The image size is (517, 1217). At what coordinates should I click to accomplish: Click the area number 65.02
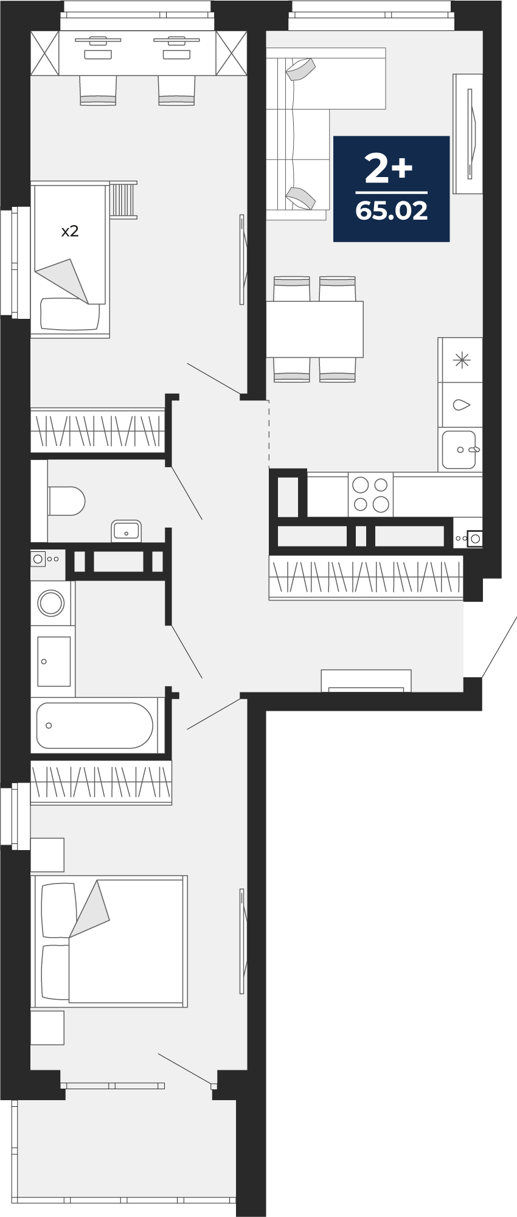pyautogui.click(x=391, y=211)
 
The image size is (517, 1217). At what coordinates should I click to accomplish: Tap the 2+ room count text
pyautogui.click(x=389, y=169)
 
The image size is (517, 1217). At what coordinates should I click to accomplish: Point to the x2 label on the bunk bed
pyautogui.click(x=70, y=231)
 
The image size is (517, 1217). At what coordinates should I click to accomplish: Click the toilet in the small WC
pyautogui.click(x=66, y=501)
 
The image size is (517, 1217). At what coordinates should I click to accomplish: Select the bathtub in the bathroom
pyautogui.click(x=94, y=725)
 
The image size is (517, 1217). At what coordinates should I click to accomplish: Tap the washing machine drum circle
pyautogui.click(x=50, y=603)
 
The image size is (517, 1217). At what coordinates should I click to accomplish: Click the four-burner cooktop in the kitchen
pyautogui.click(x=370, y=494)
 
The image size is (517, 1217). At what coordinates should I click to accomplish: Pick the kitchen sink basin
pyautogui.click(x=459, y=450)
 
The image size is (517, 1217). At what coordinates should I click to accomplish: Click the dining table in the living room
pyautogui.click(x=314, y=329)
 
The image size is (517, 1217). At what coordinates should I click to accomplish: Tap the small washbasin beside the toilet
pyautogui.click(x=126, y=531)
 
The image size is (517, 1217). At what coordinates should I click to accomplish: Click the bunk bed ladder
pyautogui.click(x=123, y=199)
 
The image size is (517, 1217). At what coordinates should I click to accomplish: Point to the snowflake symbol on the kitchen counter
pyautogui.click(x=462, y=360)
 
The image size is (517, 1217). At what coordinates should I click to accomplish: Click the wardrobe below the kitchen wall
pyautogui.click(x=366, y=577)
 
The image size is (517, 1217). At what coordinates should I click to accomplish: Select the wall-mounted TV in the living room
pyautogui.click(x=470, y=134)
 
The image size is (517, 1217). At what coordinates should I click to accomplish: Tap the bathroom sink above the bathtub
pyautogui.click(x=54, y=661)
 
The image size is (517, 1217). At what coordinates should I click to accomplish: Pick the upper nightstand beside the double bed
pyautogui.click(x=47, y=855)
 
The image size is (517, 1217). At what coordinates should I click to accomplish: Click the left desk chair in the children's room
pyautogui.click(x=98, y=90)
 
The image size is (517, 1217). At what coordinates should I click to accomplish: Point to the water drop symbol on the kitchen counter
pyautogui.click(x=462, y=404)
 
